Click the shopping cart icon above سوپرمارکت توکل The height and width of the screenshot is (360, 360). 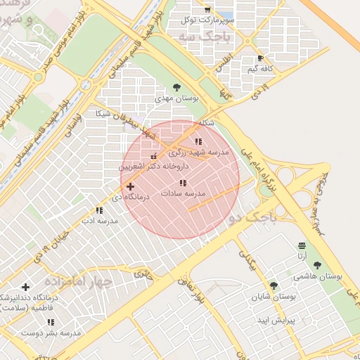[207, 9]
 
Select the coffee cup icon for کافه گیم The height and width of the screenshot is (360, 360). [261, 58]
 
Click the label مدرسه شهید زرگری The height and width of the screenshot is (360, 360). [198, 152]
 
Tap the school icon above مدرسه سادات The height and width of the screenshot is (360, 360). [183, 183]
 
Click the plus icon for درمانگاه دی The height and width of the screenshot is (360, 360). [130, 186]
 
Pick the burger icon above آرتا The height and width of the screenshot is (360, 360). [302, 245]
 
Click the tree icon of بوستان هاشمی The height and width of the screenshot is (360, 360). [317, 265]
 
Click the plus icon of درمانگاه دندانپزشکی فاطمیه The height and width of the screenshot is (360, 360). [26, 287]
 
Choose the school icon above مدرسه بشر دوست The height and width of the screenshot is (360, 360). [50, 322]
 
